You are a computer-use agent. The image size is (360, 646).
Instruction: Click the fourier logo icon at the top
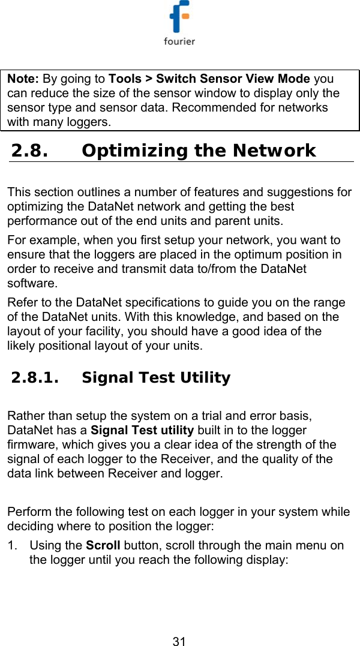point(179,18)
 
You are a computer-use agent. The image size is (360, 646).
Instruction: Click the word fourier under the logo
point(179,41)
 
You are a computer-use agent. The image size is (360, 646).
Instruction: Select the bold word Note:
point(24,79)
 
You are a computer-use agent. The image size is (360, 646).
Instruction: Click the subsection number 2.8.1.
point(36,378)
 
